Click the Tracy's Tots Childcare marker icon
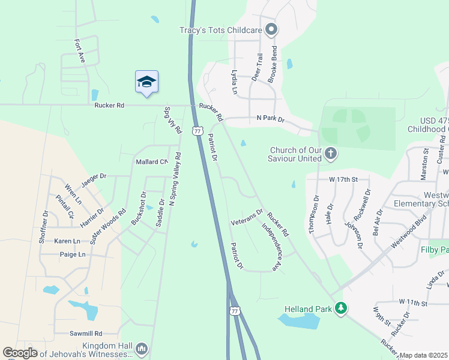point(271,29)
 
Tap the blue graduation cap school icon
point(146,82)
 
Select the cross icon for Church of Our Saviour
point(330,154)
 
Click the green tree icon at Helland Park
point(341,308)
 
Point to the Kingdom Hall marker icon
point(142,348)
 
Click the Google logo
point(20,353)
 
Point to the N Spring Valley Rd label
point(175,179)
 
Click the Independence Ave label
point(271,247)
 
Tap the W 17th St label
point(343,179)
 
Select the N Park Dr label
point(270,119)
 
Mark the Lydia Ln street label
point(234,82)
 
